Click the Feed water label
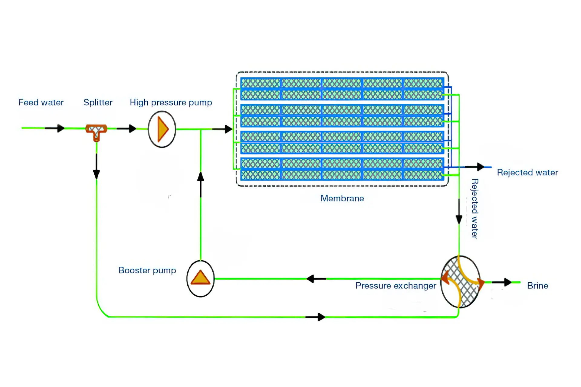41,102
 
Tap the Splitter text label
98,102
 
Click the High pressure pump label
171,102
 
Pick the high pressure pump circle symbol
162,129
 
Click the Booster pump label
147,270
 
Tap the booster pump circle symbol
200,278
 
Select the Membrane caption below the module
342,198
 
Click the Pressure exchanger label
396,286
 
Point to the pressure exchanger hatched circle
460,282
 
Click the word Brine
537,286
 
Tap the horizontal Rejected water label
527,172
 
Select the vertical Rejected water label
475,209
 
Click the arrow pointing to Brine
502,282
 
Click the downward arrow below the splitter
96,167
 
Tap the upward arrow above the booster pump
201,184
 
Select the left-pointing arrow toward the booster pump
316,279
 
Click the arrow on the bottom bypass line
315,317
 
